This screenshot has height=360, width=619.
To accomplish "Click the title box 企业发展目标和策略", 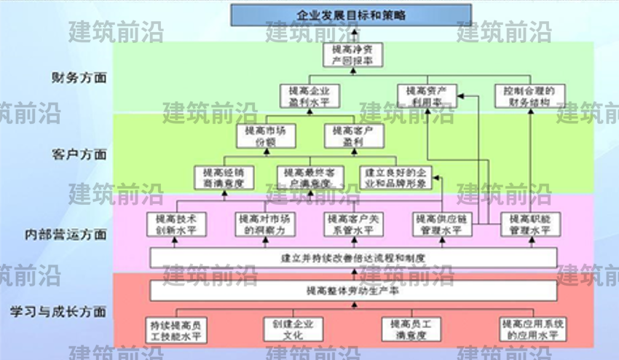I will [352, 15].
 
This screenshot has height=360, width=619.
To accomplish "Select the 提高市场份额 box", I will [265, 136].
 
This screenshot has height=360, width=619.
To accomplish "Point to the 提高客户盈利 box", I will [352, 136].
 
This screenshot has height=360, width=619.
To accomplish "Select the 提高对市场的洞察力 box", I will [265, 224].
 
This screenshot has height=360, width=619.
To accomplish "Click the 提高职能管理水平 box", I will [529, 224].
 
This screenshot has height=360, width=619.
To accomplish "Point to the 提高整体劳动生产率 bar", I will [352, 291].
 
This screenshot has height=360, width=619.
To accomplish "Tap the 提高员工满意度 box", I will [412, 329].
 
